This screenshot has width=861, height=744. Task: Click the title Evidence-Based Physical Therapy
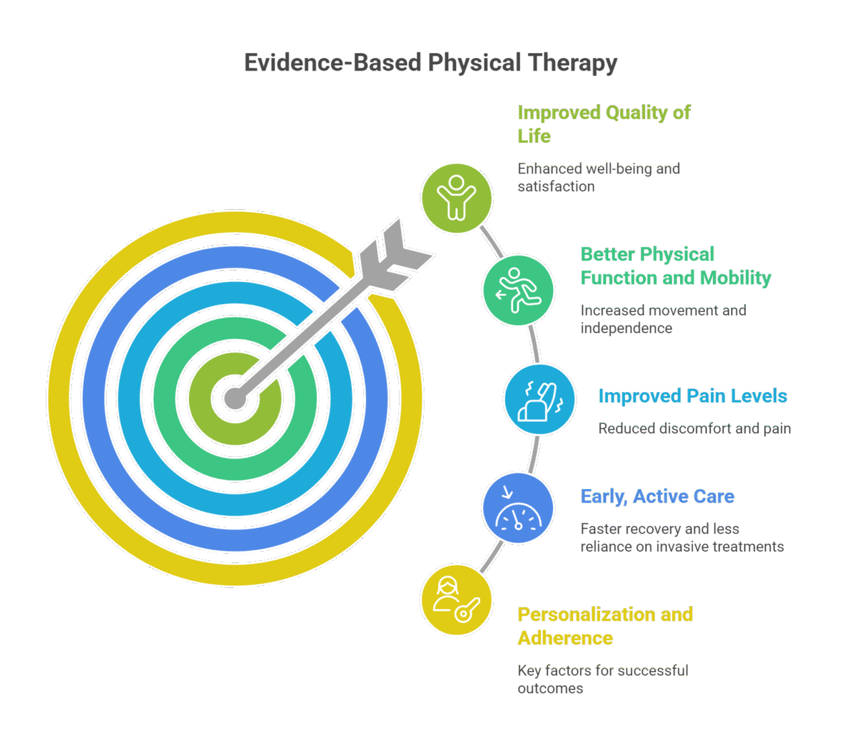pos(430,63)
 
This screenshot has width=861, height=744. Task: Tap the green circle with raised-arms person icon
pos(457,198)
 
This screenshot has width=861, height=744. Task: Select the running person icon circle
pos(518,291)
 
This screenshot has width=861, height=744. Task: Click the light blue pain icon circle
pos(539,400)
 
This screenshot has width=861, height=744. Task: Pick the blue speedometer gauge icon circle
pos(518,508)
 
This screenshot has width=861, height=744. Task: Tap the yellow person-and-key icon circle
pos(457,600)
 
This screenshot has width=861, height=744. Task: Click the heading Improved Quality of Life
pos(603,124)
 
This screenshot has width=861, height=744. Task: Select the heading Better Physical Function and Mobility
pos(675,266)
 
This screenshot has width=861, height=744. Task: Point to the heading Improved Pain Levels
pos(692,396)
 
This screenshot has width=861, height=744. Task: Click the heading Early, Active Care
pos(657,496)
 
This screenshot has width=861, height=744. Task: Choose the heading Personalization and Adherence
pos(605,626)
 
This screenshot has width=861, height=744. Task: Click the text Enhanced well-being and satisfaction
pos(598,178)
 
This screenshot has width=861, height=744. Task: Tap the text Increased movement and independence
pos(663,319)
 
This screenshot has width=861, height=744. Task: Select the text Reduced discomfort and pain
pos(694,429)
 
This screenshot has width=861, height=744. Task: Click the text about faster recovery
pos(681,537)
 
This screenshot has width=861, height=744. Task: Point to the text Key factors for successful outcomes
pos(602,679)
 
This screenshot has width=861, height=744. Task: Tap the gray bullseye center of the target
pos(234,398)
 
